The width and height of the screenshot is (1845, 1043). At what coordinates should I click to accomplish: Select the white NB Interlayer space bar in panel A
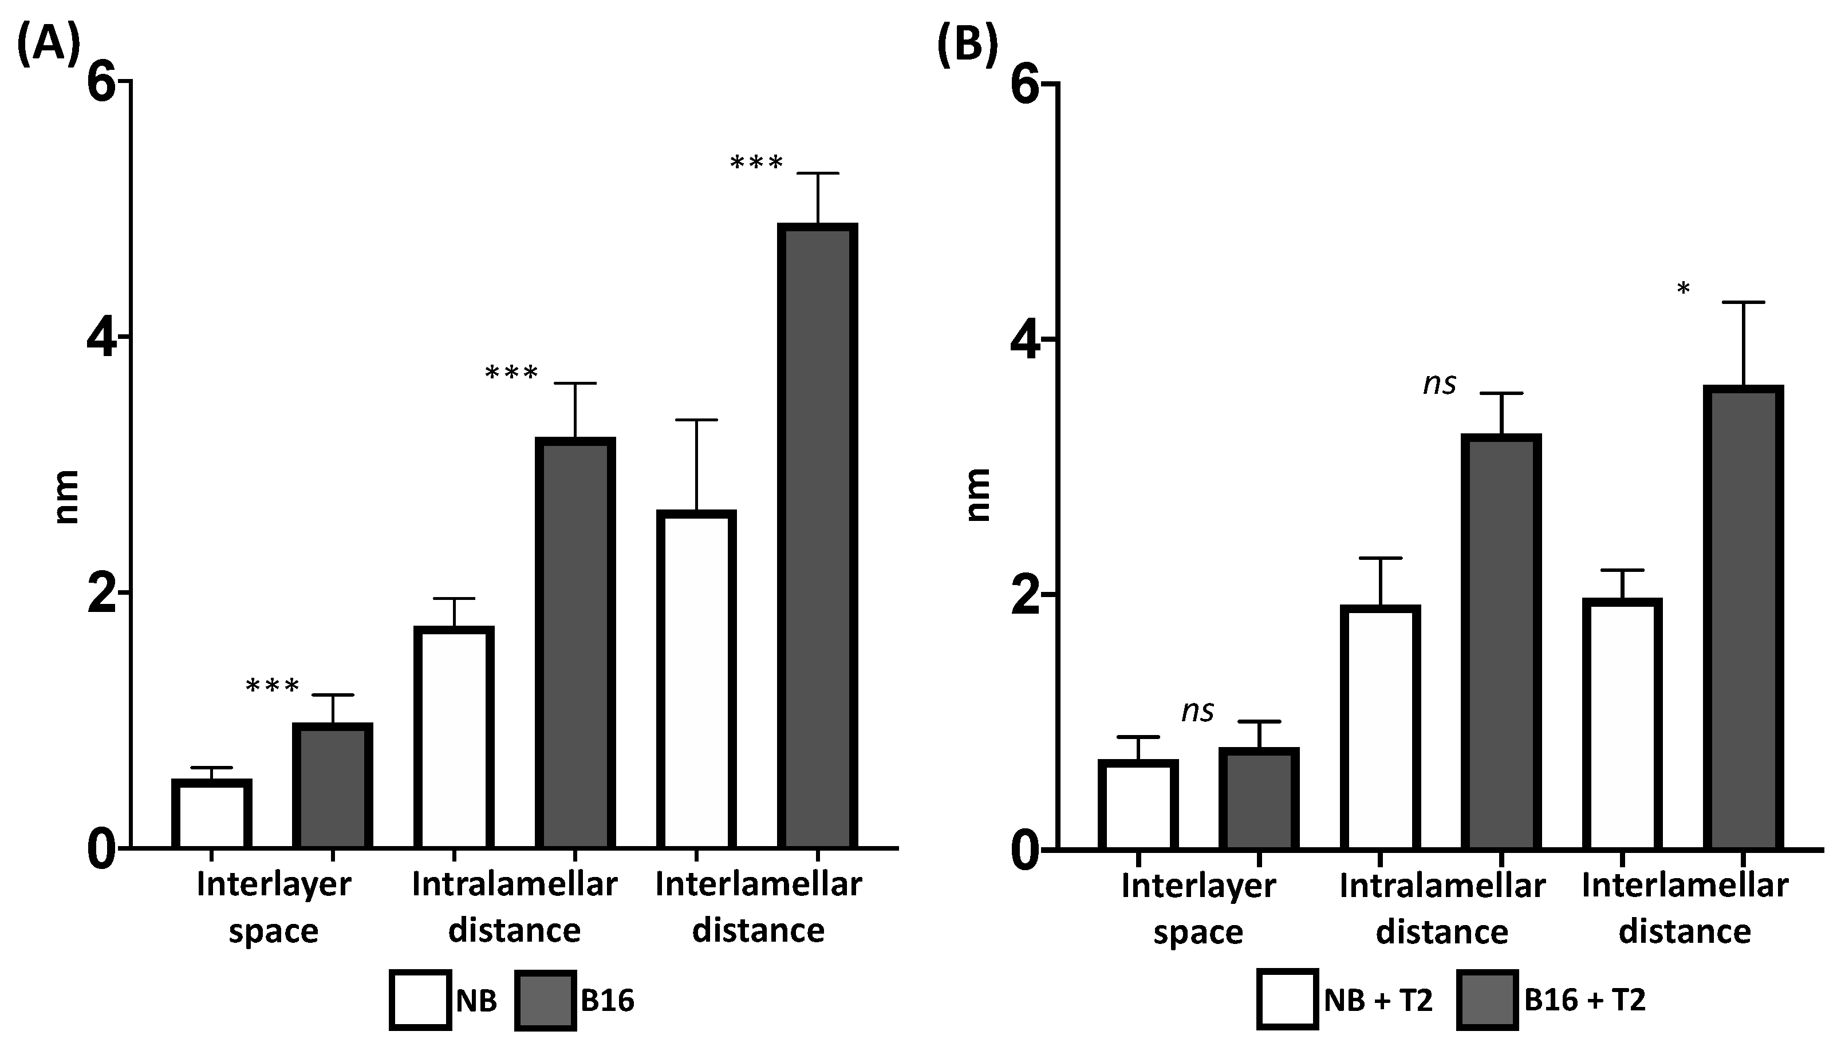click(x=211, y=815)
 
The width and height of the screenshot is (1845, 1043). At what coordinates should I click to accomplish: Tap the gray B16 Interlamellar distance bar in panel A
click(x=818, y=538)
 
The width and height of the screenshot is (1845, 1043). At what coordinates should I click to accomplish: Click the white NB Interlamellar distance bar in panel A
click(x=696, y=681)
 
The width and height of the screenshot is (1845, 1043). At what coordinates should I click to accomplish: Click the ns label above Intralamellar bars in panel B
click(x=1439, y=385)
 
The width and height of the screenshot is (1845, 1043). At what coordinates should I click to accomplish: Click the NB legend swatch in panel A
click(x=420, y=999)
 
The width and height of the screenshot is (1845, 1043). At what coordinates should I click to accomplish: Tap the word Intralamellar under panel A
click(x=514, y=884)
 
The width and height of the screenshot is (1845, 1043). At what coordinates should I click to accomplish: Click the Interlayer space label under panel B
click(x=1198, y=908)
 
